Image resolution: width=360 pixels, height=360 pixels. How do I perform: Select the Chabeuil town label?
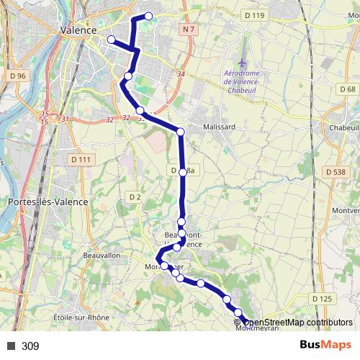(342, 127)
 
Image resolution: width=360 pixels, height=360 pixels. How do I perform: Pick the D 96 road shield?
(18, 76)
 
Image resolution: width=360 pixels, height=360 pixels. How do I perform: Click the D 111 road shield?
(82, 160)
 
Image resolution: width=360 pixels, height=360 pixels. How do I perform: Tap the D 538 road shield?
(336, 172)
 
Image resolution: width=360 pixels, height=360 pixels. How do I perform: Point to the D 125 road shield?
(323, 298)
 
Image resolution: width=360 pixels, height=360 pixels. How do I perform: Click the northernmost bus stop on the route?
(149, 16)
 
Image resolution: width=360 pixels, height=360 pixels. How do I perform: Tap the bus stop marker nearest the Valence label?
(111, 40)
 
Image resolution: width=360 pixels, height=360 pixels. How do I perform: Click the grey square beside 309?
(11, 346)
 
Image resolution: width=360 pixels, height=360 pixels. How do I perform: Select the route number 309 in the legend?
(30, 346)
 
